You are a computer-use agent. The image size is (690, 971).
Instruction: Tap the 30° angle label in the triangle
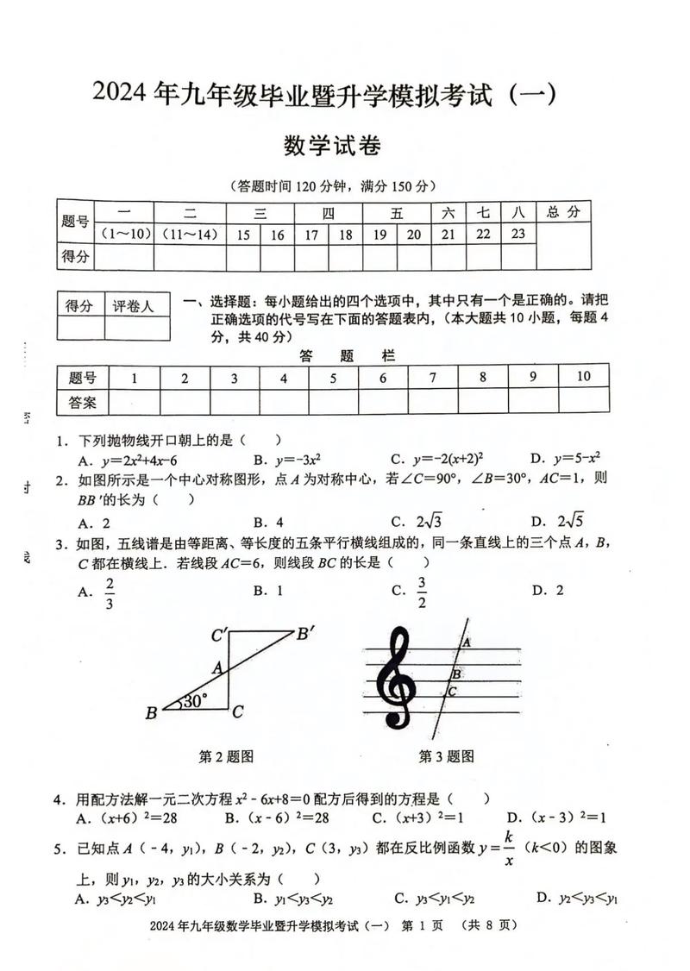point(192,700)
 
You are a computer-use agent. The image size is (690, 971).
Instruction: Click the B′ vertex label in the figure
point(305,634)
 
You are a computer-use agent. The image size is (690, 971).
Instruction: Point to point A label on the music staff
point(466,642)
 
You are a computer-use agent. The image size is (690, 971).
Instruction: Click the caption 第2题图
point(226,756)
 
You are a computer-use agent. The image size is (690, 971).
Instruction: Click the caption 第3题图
point(446,756)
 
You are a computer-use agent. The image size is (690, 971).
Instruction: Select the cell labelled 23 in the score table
point(518,234)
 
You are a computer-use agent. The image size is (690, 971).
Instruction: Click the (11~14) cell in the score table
point(190,234)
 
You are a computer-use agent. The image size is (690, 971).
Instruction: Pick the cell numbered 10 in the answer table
point(583,376)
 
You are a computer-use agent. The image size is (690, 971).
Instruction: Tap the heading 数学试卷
point(332,146)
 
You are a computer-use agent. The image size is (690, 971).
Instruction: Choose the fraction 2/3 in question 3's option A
point(110,592)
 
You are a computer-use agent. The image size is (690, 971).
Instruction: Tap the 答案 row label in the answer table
point(82,401)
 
